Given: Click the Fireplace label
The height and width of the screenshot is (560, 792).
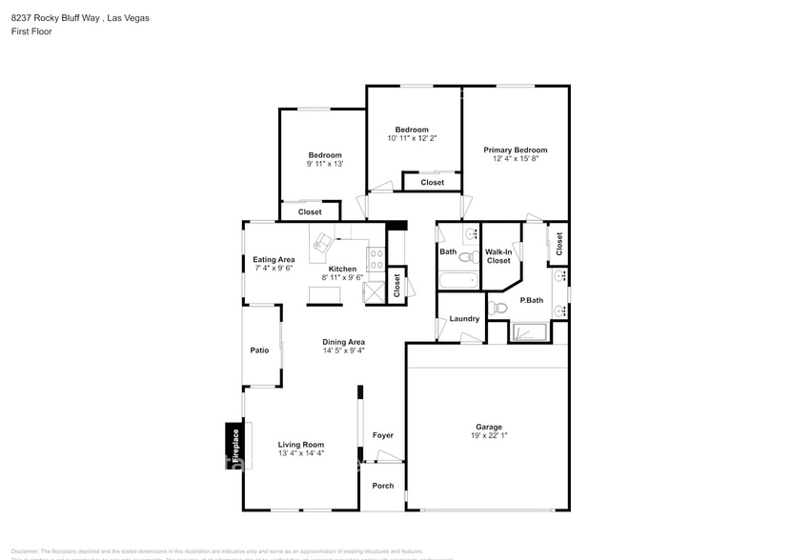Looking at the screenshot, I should [x=234, y=445].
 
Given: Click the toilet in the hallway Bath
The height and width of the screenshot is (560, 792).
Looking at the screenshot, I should [x=467, y=255].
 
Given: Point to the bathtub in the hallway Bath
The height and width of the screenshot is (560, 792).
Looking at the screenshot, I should [x=458, y=281].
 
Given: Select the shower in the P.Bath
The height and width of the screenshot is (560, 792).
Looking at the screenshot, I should [x=529, y=331].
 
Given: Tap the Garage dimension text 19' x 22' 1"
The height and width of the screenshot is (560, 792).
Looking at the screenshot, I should [x=489, y=436].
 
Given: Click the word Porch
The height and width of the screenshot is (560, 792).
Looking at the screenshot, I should [x=382, y=486].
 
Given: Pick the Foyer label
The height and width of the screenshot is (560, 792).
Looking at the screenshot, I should [x=382, y=435].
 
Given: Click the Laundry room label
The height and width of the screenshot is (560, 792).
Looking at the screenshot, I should [x=464, y=318].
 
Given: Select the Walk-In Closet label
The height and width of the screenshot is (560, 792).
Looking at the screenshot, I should [x=498, y=256].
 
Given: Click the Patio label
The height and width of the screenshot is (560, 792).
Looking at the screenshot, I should [x=259, y=350].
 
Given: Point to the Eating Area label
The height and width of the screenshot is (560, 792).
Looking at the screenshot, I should [x=274, y=259].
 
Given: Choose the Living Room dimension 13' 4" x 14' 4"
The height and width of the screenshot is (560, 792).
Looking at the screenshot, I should [x=301, y=453].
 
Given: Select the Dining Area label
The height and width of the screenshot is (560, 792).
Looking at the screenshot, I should [x=343, y=342].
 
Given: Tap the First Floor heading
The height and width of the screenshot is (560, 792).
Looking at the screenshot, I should [x=31, y=31].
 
